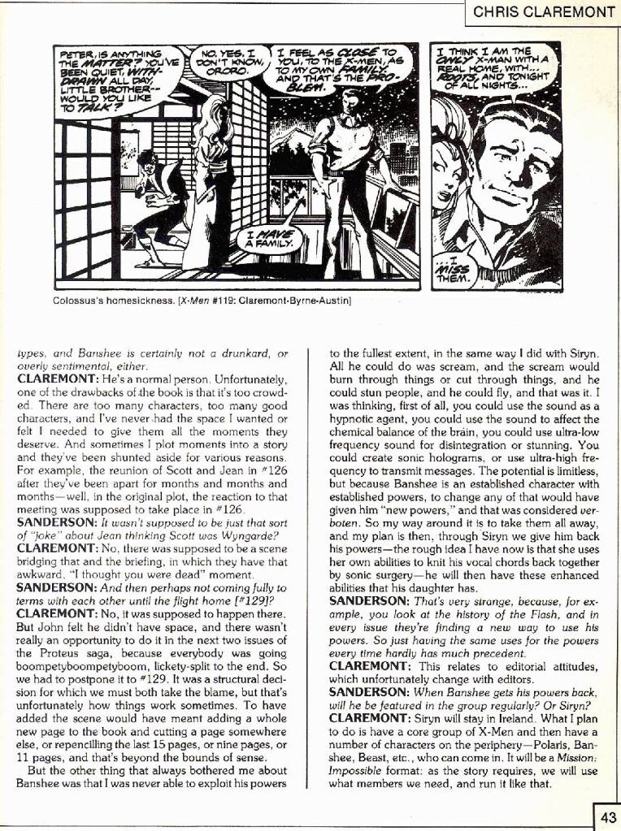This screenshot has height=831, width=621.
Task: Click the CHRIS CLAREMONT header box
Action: (544, 12)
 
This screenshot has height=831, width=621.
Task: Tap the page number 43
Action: (608, 817)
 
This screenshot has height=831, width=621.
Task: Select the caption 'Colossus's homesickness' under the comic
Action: (106, 301)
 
